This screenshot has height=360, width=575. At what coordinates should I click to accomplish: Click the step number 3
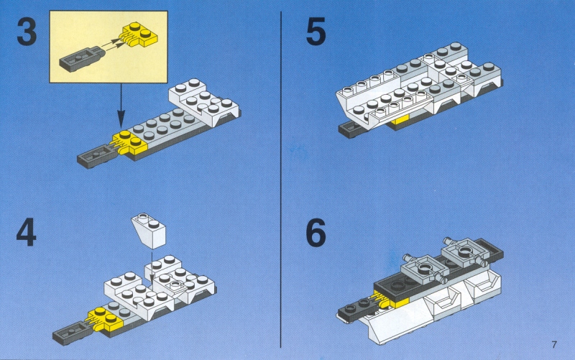click(x=27, y=32)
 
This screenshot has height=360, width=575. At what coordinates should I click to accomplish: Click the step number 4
click(x=26, y=232)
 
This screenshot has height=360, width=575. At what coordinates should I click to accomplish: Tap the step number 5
click(x=316, y=32)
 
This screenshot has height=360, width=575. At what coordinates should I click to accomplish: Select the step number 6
click(x=316, y=232)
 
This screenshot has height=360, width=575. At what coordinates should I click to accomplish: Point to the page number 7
click(x=554, y=345)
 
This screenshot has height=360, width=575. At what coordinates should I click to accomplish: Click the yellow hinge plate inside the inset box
click(x=139, y=34)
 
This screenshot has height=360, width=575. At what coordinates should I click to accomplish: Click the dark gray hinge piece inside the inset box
click(x=82, y=59)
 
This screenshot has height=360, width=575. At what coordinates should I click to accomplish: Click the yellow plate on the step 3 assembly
click(x=129, y=142)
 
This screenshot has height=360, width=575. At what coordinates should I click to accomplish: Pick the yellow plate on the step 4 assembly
click(x=103, y=319)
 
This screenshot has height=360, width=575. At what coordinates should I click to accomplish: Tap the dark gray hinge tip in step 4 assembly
click(x=71, y=333)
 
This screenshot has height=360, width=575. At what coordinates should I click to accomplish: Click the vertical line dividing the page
click(x=281, y=180)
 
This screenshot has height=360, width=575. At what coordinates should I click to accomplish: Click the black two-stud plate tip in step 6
click(x=357, y=310)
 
